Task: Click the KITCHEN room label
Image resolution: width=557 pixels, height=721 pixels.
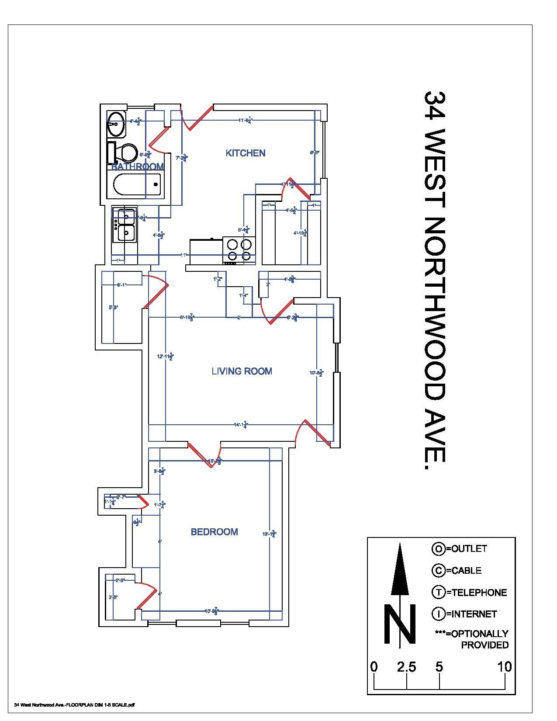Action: [245, 153]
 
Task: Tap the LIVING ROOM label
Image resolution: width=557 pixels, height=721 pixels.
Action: [242, 371]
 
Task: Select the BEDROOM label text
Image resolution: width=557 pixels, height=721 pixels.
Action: [214, 532]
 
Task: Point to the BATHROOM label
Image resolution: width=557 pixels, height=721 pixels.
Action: [137, 166]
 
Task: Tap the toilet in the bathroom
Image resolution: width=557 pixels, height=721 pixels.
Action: [125, 153]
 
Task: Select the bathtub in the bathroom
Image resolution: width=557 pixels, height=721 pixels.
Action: [137, 184]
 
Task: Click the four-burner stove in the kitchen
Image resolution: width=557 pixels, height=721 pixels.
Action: [239, 250]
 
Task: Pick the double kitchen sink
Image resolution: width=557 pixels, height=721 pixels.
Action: [125, 225]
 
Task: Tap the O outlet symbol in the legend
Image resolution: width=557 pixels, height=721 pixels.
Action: [438, 549]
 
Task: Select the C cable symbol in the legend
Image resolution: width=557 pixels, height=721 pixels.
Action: [438, 570]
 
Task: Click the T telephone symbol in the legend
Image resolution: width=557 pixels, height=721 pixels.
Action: [438, 593]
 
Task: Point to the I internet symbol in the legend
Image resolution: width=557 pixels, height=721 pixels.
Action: [438, 614]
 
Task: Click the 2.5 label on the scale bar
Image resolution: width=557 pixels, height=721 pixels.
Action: [406, 667]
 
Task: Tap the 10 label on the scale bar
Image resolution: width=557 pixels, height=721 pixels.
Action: [504, 667]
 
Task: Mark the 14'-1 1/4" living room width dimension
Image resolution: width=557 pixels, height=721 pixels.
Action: [241, 424]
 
